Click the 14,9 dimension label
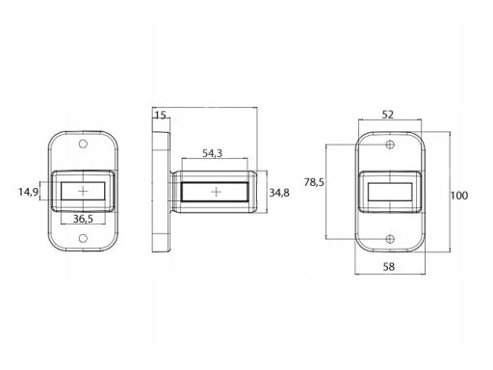[x=28, y=192]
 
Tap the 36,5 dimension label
[x=83, y=219]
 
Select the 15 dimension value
[x=160, y=115]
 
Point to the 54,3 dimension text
[x=212, y=153]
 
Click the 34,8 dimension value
[x=279, y=193]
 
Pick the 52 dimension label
[x=388, y=115]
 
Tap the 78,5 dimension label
[x=314, y=182]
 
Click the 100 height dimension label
[x=459, y=196]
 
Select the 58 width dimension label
[x=389, y=266]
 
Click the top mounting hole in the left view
[x=83, y=144]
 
